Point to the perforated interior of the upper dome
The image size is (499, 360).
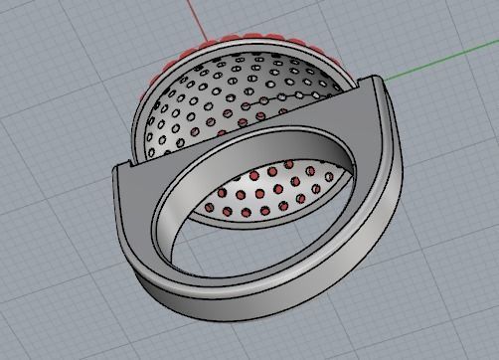coord(239,99)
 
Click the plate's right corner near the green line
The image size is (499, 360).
coord(376,80)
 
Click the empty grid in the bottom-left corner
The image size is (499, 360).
coord(40,318)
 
